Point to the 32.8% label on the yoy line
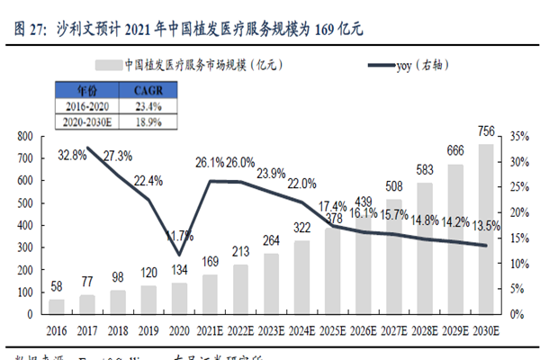(x=73, y=154)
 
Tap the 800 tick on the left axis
(x=24, y=136)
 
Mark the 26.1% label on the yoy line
(x=216, y=163)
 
